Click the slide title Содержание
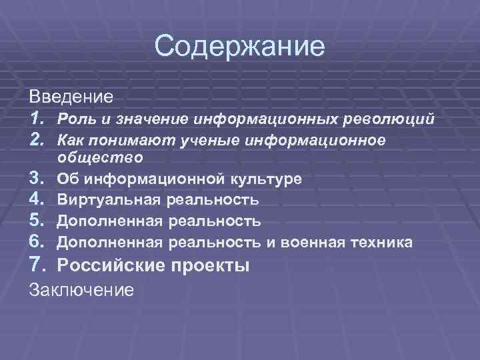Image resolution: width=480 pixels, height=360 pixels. [239, 47]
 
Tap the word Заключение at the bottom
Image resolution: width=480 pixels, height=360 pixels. [82, 289]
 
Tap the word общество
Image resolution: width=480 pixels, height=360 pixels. [100, 158]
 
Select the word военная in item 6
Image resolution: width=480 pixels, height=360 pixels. [309, 241]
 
